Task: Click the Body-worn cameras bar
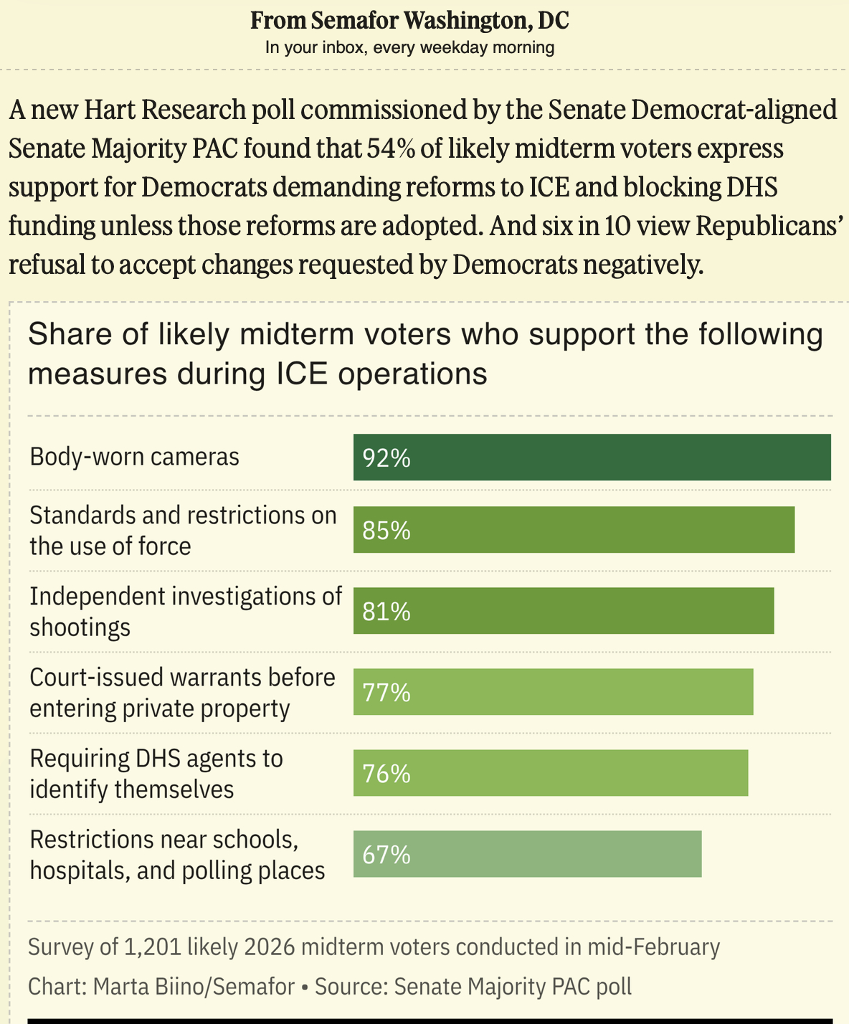tap(592, 458)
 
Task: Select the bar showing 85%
tap(574, 530)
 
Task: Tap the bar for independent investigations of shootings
tap(564, 611)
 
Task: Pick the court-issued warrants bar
tap(553, 692)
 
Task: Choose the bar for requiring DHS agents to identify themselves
tap(551, 773)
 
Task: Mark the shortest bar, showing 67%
tap(527, 854)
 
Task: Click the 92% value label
tap(386, 458)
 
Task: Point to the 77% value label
tap(386, 693)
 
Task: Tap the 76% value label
tap(386, 774)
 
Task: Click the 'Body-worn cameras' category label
tap(134, 457)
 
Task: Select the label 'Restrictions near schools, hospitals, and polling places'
tap(177, 855)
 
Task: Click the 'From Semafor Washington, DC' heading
tap(409, 20)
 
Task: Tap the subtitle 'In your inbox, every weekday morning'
tap(409, 47)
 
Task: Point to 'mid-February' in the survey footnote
tap(653, 947)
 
